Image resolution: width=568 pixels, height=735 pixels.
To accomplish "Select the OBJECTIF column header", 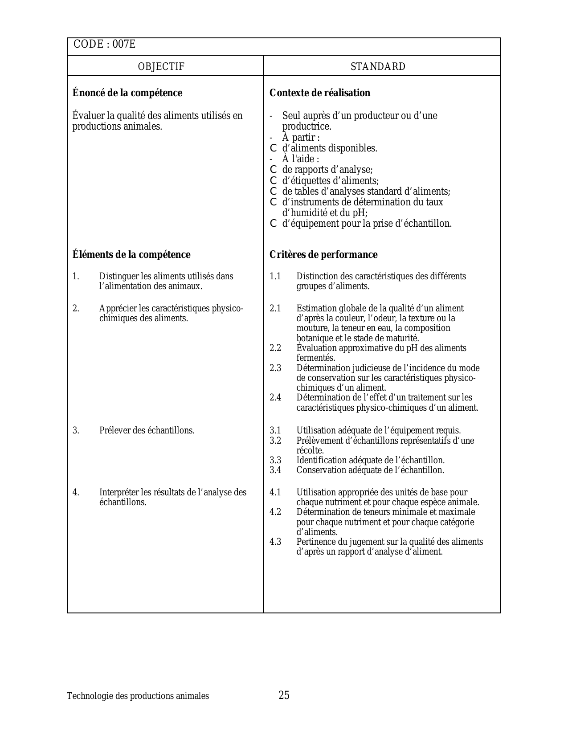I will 161,67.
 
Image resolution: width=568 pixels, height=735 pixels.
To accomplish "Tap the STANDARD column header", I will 378,67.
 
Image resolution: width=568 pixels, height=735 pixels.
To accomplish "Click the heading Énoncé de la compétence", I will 127,93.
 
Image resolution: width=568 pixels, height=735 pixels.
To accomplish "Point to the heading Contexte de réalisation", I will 320,93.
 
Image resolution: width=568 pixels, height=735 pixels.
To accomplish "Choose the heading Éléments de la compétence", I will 131,255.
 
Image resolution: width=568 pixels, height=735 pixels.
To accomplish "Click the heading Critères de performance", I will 323,255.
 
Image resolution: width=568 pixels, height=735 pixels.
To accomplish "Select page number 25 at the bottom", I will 284,695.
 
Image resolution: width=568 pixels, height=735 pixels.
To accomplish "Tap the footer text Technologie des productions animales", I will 138,696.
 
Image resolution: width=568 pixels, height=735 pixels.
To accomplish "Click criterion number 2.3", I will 275,368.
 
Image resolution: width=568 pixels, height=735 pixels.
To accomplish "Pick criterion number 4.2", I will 275,512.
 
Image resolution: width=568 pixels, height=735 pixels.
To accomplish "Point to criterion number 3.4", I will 275,470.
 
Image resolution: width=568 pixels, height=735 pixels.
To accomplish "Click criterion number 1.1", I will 275,277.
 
